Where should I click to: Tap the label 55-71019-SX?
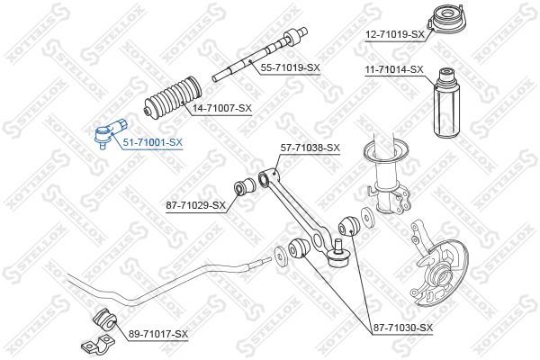(x=291, y=67)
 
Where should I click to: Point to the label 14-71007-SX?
(x=222, y=108)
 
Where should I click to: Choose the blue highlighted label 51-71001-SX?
(x=153, y=142)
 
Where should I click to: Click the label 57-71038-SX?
(x=310, y=148)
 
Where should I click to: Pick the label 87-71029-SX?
(x=195, y=206)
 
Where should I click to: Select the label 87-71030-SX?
(x=402, y=328)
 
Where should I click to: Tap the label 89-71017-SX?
(x=158, y=334)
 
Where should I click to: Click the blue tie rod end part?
(x=110, y=132)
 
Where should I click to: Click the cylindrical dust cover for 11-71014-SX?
(x=445, y=103)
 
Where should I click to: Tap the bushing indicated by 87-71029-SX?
(x=244, y=186)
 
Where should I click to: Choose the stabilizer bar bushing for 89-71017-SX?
(x=105, y=319)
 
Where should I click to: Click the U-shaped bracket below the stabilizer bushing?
(x=97, y=346)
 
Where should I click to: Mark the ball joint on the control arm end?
(x=338, y=256)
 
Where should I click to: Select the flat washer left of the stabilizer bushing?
(x=280, y=256)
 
